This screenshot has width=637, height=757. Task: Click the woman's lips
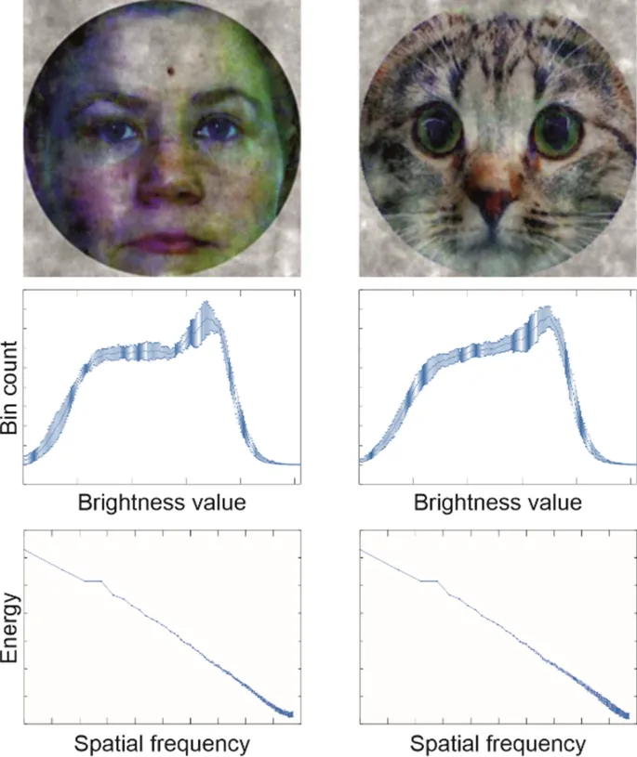pos(164,242)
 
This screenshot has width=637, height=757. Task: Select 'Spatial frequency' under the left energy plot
pos(162,743)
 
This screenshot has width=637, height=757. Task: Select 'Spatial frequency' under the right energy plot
pos(498,743)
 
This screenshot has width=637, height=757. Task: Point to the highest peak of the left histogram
pos(206,303)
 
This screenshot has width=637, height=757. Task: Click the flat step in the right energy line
pos(428,581)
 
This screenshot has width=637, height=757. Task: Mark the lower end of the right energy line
pos(628,714)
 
